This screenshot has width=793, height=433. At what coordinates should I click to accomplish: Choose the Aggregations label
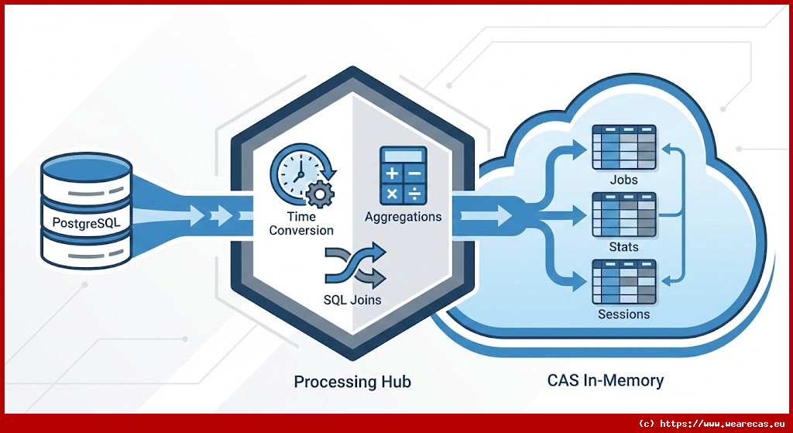[x=403, y=217]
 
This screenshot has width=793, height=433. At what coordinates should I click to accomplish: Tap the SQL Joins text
[x=353, y=300]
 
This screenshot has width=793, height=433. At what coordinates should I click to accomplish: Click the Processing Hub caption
[x=352, y=382]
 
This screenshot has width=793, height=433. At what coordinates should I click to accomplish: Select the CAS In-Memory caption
[x=605, y=381]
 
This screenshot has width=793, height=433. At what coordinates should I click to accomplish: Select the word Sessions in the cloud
[x=623, y=314]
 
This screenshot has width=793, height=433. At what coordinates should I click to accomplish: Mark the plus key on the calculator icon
[x=392, y=172]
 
